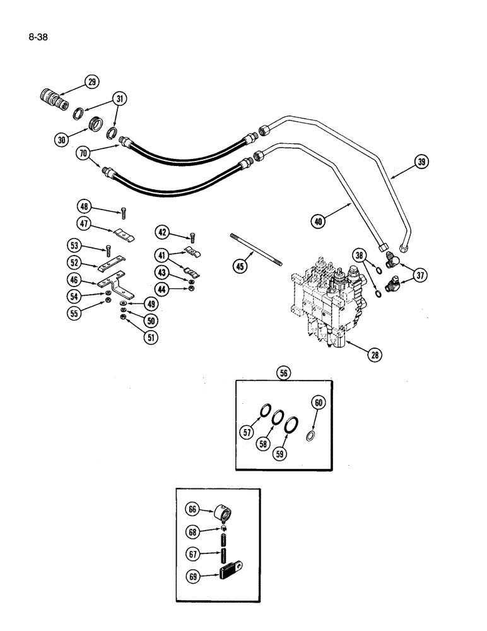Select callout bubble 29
92,83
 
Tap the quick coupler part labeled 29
50,100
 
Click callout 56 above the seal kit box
283,373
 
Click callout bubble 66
192,509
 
